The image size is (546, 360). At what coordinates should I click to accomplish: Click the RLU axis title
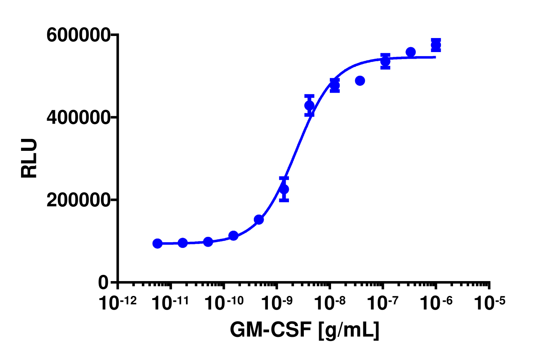tap(29, 158)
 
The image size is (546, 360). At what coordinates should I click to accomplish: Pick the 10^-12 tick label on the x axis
tap(118, 304)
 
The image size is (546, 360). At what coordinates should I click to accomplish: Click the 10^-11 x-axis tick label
tap(171, 304)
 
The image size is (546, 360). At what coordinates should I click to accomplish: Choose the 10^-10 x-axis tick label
tap(224, 304)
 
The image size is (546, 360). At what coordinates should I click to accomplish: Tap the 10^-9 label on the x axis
tap(277, 304)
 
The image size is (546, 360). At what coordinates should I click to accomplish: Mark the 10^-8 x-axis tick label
tap(330, 304)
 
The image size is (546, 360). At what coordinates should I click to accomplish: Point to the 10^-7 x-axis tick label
tap(383, 304)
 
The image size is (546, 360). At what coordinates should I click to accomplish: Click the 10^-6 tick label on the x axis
tap(436, 304)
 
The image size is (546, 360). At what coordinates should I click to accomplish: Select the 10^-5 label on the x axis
tap(489, 304)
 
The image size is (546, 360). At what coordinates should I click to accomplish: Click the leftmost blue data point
tap(157, 243)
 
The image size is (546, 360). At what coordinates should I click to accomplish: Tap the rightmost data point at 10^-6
tap(436, 45)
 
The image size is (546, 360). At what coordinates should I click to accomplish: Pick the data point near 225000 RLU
tap(284, 189)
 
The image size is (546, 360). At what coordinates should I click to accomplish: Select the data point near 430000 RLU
tap(309, 105)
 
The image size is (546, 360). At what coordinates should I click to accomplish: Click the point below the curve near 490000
tap(360, 81)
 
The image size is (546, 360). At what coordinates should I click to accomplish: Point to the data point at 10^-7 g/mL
tap(385, 62)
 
